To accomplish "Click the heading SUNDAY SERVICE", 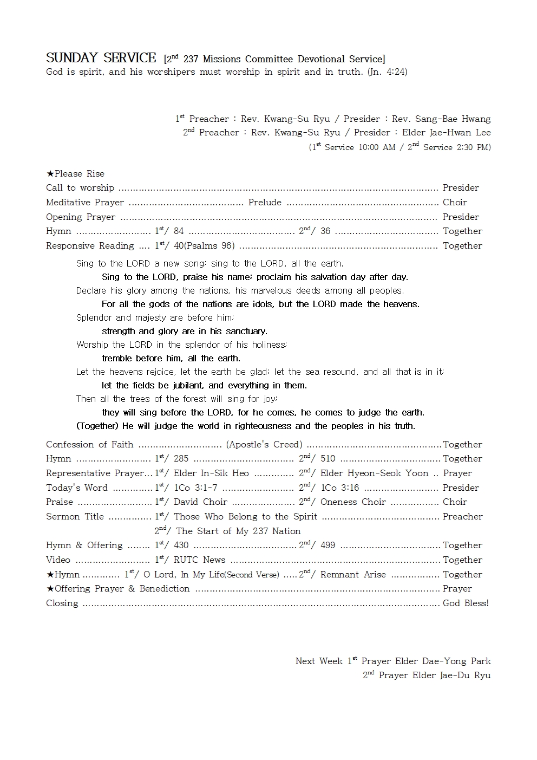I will coord(101,58).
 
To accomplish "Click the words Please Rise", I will coord(80,173).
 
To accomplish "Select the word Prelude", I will coord(265,202).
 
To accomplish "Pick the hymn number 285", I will coord(181,458).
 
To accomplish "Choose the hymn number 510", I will coord(328,458).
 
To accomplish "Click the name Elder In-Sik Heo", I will coord(211,473).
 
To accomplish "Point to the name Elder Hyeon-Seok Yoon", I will coord(374,473).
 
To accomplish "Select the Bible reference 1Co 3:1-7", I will coord(195,488).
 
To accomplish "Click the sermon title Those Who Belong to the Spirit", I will coord(245,516).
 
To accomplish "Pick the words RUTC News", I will coord(199,560).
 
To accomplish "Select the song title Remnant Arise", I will coord(353,574).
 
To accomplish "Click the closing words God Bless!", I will coord(466,603).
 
